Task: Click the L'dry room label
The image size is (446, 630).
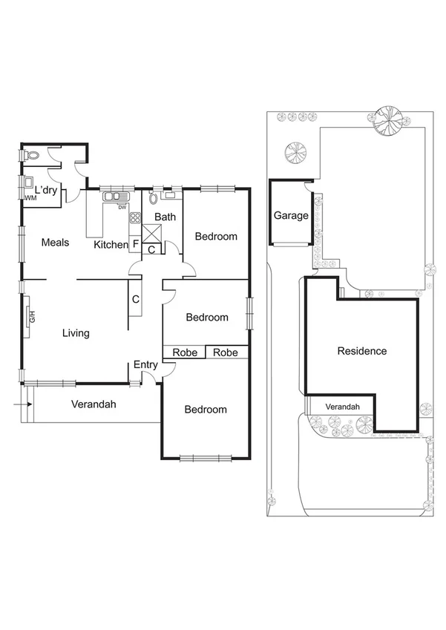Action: pos(42,191)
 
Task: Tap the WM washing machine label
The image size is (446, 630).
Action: pos(30,198)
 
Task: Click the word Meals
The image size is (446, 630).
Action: pos(56,242)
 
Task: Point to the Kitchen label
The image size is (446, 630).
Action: pos(111,244)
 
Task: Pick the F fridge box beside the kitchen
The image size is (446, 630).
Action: pos(136,243)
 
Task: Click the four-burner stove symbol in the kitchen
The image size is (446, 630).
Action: pos(135,218)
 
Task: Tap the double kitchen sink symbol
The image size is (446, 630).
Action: pos(114,197)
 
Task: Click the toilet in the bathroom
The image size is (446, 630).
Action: pos(154,197)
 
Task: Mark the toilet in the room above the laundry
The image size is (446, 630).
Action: pos(30,157)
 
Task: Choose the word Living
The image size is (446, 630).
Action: pos(76,333)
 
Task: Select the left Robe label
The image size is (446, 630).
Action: pos(185,352)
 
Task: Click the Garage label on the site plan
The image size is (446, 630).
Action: pos(291,216)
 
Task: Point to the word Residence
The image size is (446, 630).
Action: pos(362,351)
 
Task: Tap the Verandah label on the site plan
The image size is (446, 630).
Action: pos(343,407)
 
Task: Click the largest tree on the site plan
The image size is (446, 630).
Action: pos(387,120)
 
